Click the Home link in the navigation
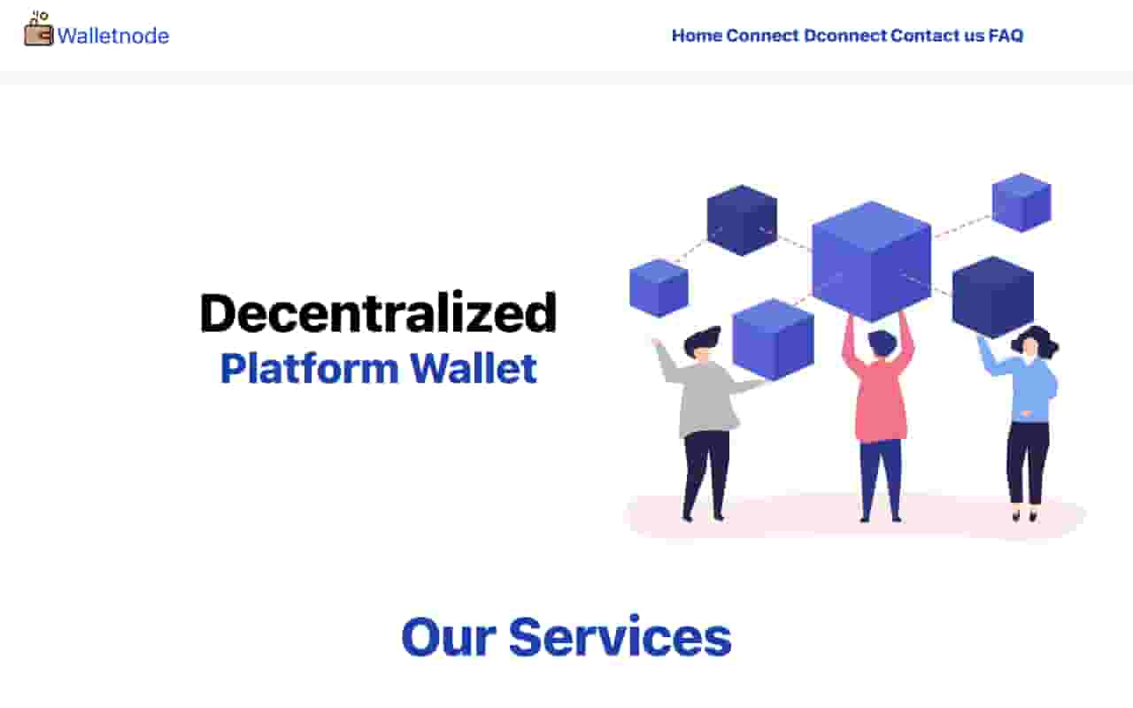tap(697, 36)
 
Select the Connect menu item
tap(762, 36)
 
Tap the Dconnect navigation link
tap(845, 36)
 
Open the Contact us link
tap(937, 36)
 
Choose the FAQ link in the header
tap(1006, 36)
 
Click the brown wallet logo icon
tap(38, 29)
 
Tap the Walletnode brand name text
tap(113, 36)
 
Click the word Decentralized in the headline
tap(378, 312)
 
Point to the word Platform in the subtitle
tap(310, 368)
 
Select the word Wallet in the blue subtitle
tap(474, 368)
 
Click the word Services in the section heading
tap(620, 636)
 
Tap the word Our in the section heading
tap(449, 636)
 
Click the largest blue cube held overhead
tap(872, 261)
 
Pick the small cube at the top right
tap(1021, 203)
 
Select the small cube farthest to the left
tap(659, 289)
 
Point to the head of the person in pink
tap(882, 342)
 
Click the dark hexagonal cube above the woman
tap(993, 297)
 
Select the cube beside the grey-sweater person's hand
tap(774, 339)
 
